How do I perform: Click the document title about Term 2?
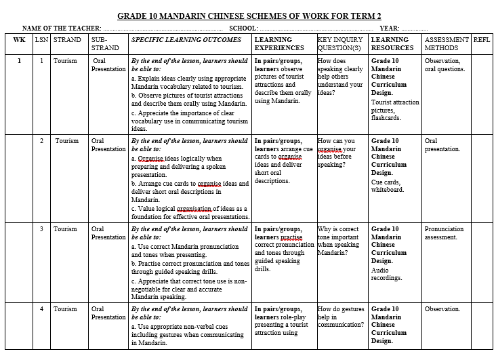click(x=249, y=16)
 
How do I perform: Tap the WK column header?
click(x=19, y=40)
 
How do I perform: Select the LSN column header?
click(x=41, y=40)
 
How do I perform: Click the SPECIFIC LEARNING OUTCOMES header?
click(x=186, y=40)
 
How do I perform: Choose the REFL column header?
click(x=482, y=40)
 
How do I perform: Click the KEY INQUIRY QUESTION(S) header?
click(x=342, y=44)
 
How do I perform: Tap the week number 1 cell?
click(x=19, y=61)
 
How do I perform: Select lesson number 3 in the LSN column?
click(x=41, y=229)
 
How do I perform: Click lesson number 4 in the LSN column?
click(x=41, y=309)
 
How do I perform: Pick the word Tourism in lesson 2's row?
click(x=66, y=141)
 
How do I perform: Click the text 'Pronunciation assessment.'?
click(x=444, y=233)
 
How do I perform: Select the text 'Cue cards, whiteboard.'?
click(x=387, y=186)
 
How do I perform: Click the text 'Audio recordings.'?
click(x=386, y=274)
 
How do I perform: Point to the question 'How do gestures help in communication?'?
click(x=342, y=317)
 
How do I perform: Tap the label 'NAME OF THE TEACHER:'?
click(x=62, y=28)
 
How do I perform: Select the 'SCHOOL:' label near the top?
click(x=243, y=28)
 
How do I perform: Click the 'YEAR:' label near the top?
click(x=389, y=28)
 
